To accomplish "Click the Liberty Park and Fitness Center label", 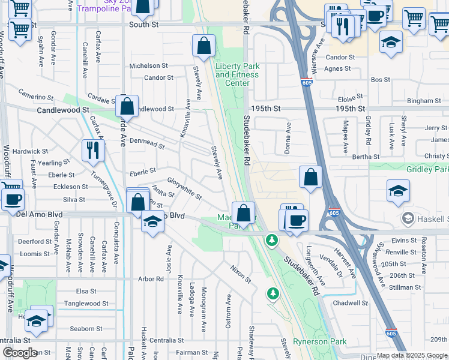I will (237, 74).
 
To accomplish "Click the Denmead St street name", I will (147, 145).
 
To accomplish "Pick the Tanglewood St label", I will (87, 304).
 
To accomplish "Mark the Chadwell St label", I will (350, 303).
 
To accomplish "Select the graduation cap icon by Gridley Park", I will (398, 191).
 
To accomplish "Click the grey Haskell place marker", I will (409, 217).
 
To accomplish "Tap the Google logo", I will (20, 353).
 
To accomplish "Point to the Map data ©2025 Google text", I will (411, 355).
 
